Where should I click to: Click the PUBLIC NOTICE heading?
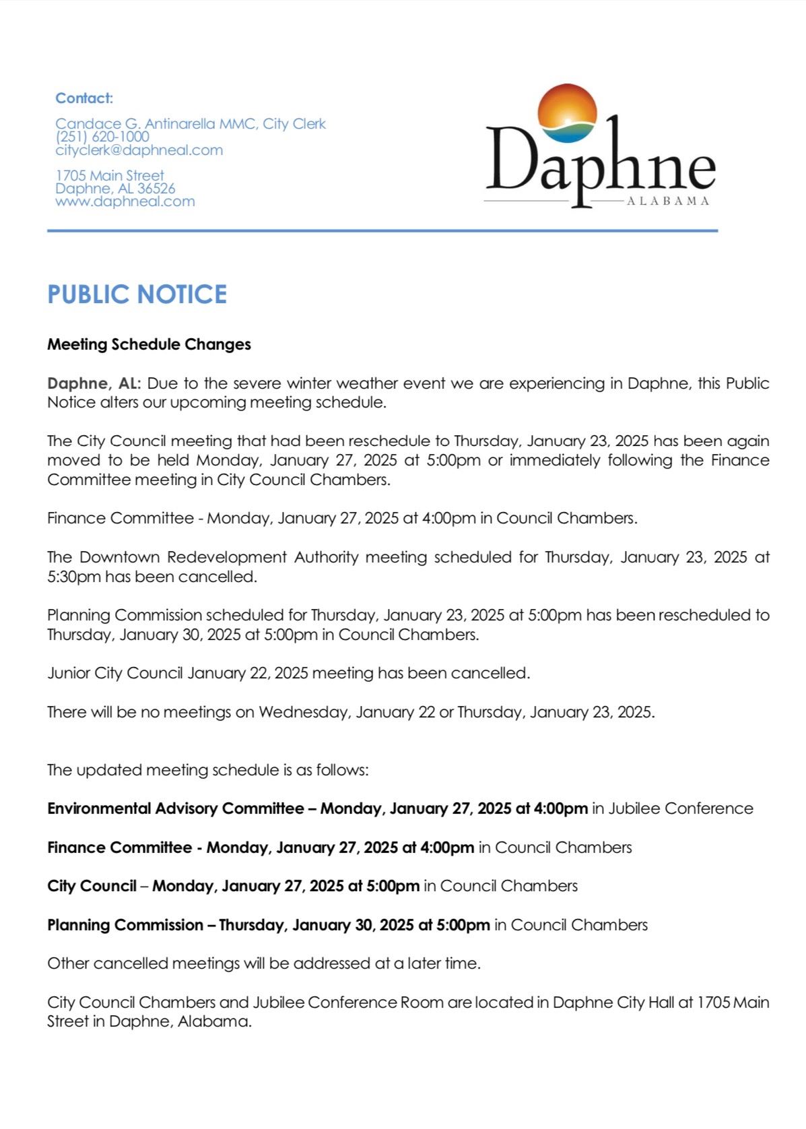click(137, 294)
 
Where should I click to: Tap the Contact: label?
click(84, 98)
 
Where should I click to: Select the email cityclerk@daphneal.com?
click(139, 150)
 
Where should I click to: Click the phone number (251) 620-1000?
click(102, 137)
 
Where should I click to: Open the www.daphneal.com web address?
click(125, 201)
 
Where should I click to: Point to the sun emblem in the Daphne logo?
click(568, 113)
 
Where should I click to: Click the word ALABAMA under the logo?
click(667, 201)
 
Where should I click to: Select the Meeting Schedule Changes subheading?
click(149, 344)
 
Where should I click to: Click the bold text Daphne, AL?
click(94, 383)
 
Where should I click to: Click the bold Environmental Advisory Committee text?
click(175, 808)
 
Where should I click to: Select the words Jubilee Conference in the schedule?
click(680, 808)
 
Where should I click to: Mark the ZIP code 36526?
click(156, 189)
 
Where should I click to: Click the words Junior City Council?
click(115, 673)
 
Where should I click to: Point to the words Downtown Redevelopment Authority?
click(220, 557)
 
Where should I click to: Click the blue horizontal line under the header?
click(382, 231)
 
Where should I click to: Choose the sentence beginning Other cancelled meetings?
click(264, 963)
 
